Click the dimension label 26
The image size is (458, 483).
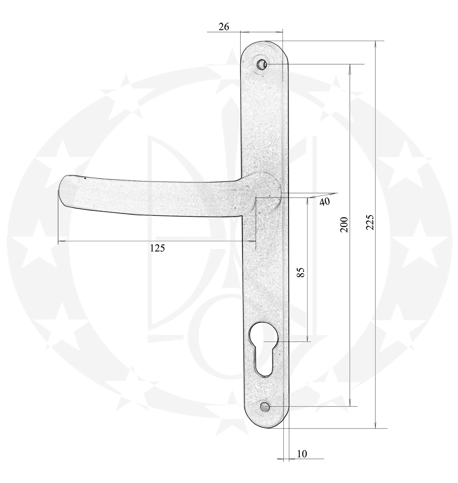tap(224, 27)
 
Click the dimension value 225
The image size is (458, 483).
tap(370, 222)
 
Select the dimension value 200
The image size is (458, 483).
tap(344, 224)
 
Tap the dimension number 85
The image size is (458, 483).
tap(300, 272)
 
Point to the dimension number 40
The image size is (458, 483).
tap(324, 202)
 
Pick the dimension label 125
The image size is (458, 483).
tap(157, 248)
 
